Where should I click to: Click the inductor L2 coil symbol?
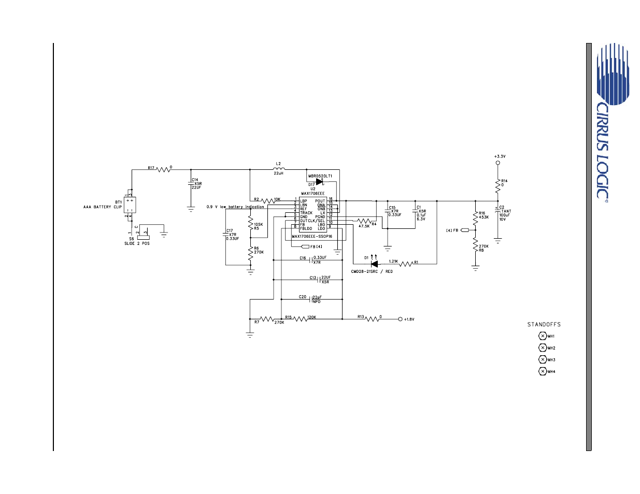click(279, 169)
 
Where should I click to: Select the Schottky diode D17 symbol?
click(319, 181)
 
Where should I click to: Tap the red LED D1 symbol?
click(374, 264)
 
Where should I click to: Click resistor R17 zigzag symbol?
click(164, 169)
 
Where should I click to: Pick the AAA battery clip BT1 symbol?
click(130, 205)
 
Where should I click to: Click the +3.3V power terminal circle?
click(498, 163)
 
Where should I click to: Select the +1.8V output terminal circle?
click(400, 319)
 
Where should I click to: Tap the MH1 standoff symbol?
click(543, 336)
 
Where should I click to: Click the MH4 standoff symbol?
click(543, 371)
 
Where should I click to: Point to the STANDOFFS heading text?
click(544, 325)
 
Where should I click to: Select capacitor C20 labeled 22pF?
click(311, 299)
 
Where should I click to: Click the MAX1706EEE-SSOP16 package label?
click(312, 237)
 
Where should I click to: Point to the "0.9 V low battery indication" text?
click(235, 207)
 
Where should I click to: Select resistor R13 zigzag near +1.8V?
click(372, 319)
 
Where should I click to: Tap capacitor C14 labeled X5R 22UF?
click(191, 184)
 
